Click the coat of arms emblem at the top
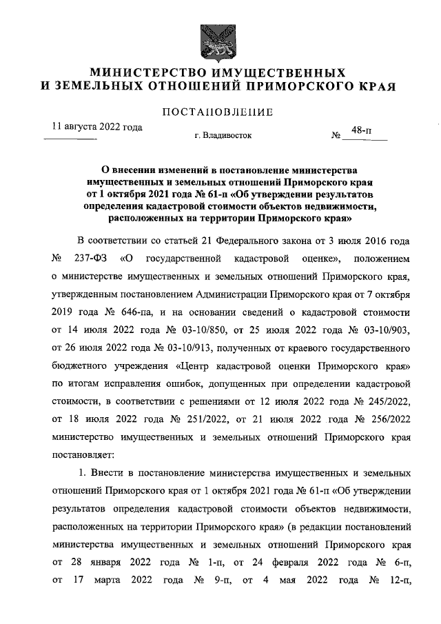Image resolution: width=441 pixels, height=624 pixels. [x=219, y=41]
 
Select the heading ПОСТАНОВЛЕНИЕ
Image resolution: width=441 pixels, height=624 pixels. [x=218, y=112]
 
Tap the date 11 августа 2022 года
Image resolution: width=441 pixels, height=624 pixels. [x=98, y=128]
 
